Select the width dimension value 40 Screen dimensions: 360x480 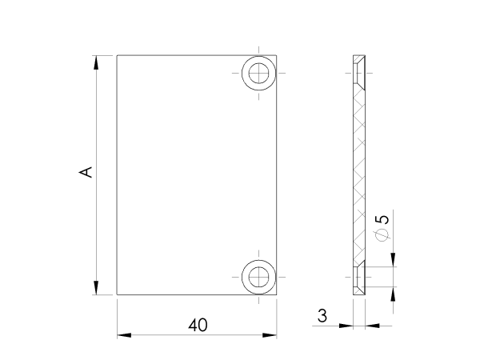click(198, 325)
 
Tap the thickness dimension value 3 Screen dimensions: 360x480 click(322, 316)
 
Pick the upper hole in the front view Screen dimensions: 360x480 click(258, 74)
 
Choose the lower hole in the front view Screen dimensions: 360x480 click(258, 277)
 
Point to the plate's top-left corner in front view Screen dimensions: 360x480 click(118, 55)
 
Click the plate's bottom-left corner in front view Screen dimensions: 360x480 click(118, 294)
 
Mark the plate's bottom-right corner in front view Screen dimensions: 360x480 click(278, 294)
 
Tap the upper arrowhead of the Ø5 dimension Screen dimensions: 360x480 click(393, 260)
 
